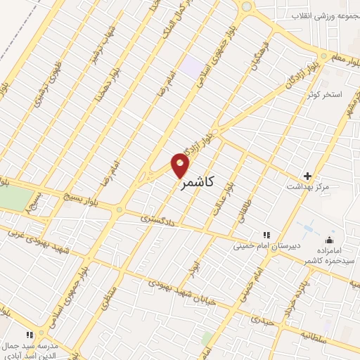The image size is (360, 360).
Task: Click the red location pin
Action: pyautogui.click(x=181, y=165)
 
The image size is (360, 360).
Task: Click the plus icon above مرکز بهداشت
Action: pyautogui.click(x=307, y=175)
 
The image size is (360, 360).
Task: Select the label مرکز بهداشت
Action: pyautogui.click(x=308, y=187)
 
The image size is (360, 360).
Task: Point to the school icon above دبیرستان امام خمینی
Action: pyautogui.click(x=266, y=234)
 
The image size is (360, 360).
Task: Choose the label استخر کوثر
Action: pyautogui.click(x=327, y=94)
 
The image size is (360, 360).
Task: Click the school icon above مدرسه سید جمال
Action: pyautogui.click(x=29, y=335)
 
